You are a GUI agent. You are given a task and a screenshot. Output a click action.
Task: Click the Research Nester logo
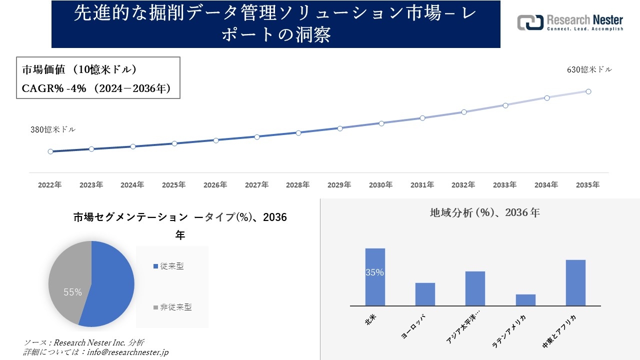point(570,23)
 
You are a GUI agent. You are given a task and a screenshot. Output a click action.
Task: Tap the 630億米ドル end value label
point(589,70)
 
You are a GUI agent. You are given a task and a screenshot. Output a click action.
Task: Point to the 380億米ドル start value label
point(53,129)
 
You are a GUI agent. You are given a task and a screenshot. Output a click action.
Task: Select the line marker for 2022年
point(50,151)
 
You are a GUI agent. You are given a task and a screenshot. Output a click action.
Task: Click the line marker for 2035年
point(588,91)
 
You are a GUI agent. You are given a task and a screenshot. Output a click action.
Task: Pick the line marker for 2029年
point(340,128)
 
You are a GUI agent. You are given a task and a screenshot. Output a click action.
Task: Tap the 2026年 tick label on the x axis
point(215,185)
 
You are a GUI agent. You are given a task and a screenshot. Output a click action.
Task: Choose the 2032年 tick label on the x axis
point(463,185)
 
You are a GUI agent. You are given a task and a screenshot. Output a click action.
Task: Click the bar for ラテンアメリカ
point(525,300)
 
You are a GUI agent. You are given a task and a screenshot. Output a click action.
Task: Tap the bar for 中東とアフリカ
point(575,282)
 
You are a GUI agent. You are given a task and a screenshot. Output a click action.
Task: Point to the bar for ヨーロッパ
point(425,294)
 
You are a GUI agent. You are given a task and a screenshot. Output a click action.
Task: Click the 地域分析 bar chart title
point(484,212)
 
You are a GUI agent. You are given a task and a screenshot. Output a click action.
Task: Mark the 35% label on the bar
point(375,272)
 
